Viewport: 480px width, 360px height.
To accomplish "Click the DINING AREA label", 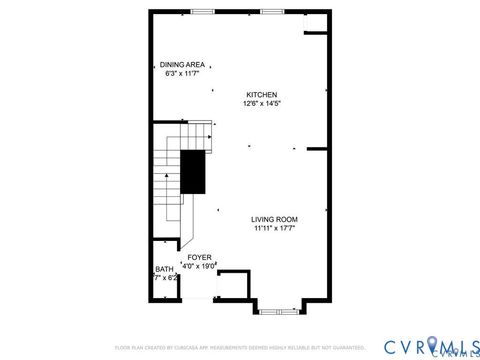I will (x=181, y=64).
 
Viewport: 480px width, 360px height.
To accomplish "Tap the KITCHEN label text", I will (x=262, y=94).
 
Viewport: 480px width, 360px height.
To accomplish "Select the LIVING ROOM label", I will (x=274, y=219).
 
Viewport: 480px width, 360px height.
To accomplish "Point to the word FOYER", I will (x=199, y=257).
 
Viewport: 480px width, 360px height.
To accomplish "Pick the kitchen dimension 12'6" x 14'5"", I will (x=262, y=103).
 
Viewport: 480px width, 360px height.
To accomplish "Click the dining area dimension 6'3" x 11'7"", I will (x=181, y=73).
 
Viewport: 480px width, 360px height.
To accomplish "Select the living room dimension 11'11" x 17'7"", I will (x=274, y=228).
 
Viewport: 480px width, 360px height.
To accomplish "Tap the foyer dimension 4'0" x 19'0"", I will (x=200, y=266).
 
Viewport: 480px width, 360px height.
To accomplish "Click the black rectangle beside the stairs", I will (x=192, y=171).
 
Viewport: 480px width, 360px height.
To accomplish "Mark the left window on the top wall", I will (x=203, y=12).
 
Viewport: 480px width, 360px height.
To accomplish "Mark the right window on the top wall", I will (x=272, y=12).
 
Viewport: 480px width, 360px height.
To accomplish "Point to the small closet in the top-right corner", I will (x=316, y=22).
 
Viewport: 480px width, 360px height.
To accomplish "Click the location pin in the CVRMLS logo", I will (x=432, y=346).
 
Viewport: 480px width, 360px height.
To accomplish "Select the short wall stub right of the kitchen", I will (x=318, y=149).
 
